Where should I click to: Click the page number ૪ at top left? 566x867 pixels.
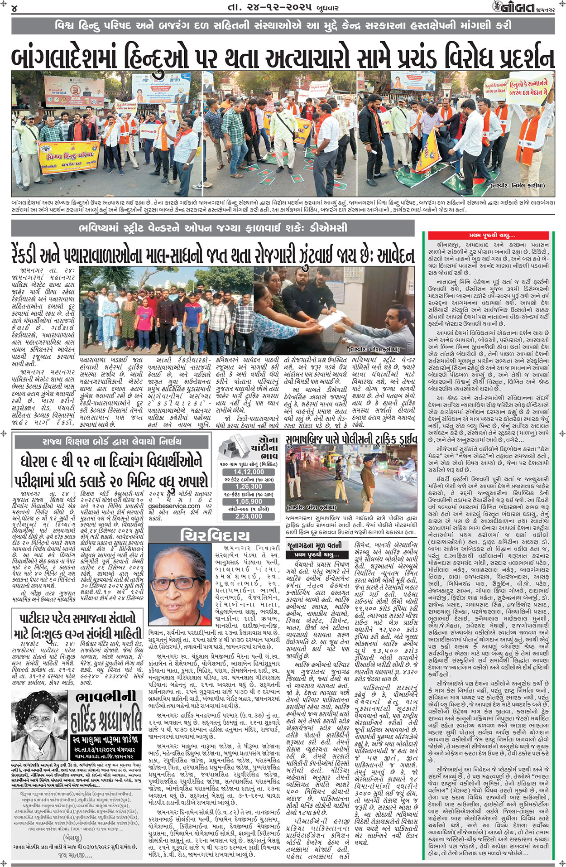tap(15, 8)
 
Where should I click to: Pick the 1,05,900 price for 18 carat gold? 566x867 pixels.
tap(249, 501)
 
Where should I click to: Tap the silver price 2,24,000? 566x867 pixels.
tap(249, 516)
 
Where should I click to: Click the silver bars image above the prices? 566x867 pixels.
tap(233, 447)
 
